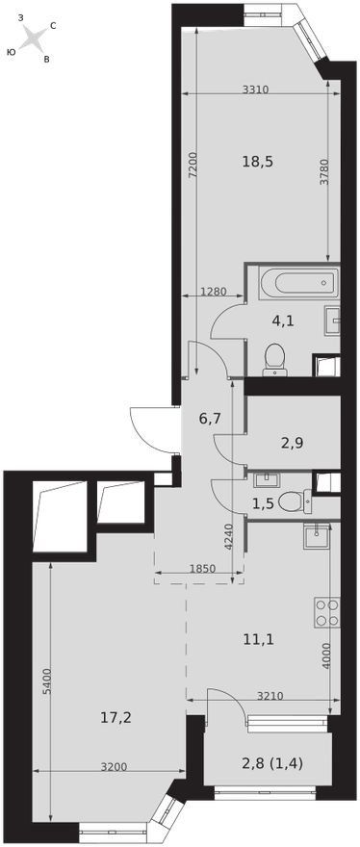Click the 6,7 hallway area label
click(208, 418)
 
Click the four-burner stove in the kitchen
click(326, 612)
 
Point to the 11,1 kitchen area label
click(260, 640)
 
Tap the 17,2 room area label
click(116, 718)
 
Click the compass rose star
click(35, 38)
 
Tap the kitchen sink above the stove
click(317, 537)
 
